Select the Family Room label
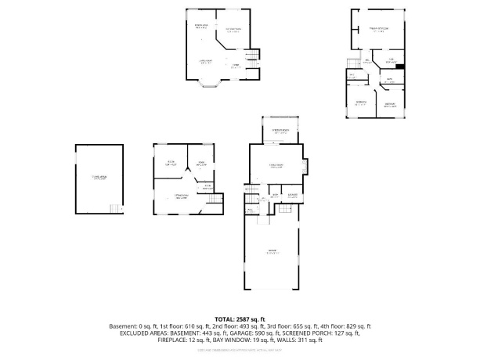(276, 165)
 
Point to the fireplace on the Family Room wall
(308, 167)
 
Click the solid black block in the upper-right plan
(399, 67)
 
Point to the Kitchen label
(233, 31)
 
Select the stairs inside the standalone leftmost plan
(116, 207)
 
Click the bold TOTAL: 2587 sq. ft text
(240, 319)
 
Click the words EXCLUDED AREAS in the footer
(142, 332)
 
